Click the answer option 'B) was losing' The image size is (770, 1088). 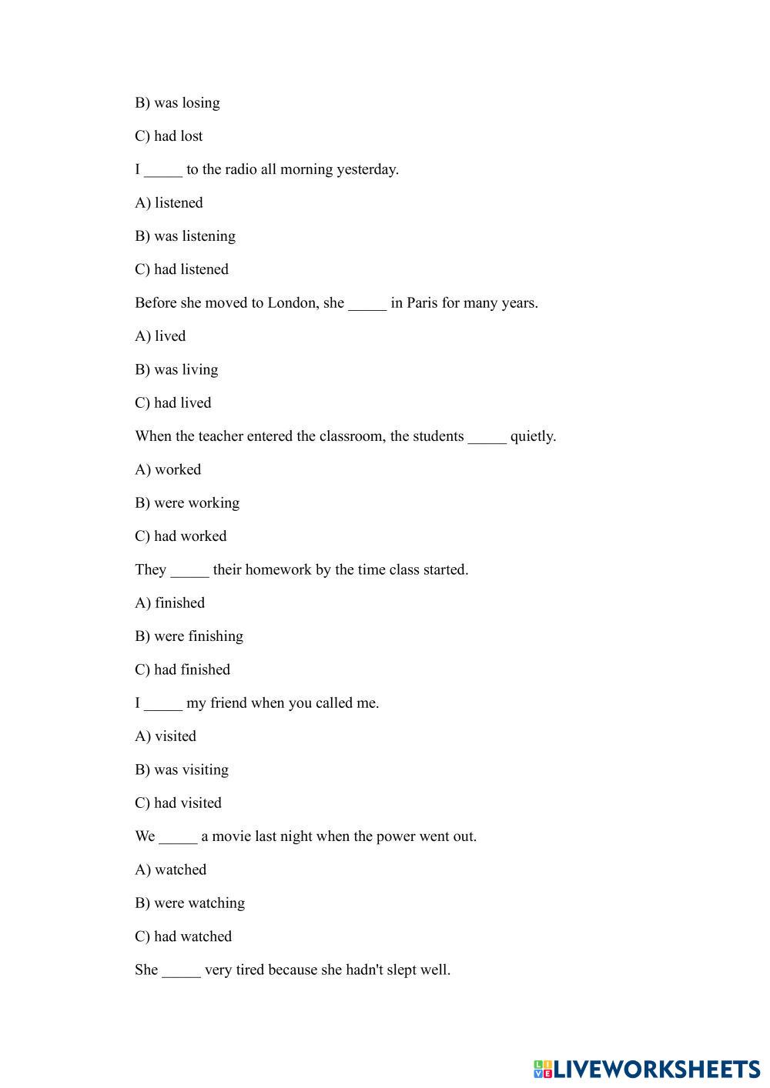pyautogui.click(x=177, y=102)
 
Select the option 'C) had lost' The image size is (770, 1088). pyautogui.click(x=169, y=136)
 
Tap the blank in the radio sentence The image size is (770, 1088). pyautogui.click(x=163, y=170)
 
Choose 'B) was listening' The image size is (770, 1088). pyautogui.click(x=185, y=236)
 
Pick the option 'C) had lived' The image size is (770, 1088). pyautogui.click(x=172, y=402)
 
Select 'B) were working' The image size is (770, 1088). pyautogui.click(x=187, y=502)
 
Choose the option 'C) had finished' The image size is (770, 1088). pyautogui.click(x=182, y=669)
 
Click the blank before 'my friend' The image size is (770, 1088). pyautogui.click(x=163, y=703)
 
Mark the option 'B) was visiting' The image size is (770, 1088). pyautogui.click(x=182, y=769)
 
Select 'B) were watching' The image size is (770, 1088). pyautogui.click(x=189, y=903)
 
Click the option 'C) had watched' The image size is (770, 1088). pyautogui.click(x=183, y=936)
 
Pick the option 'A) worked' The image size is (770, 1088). pyautogui.click(x=168, y=469)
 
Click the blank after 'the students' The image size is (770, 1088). pyautogui.click(x=487, y=437)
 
